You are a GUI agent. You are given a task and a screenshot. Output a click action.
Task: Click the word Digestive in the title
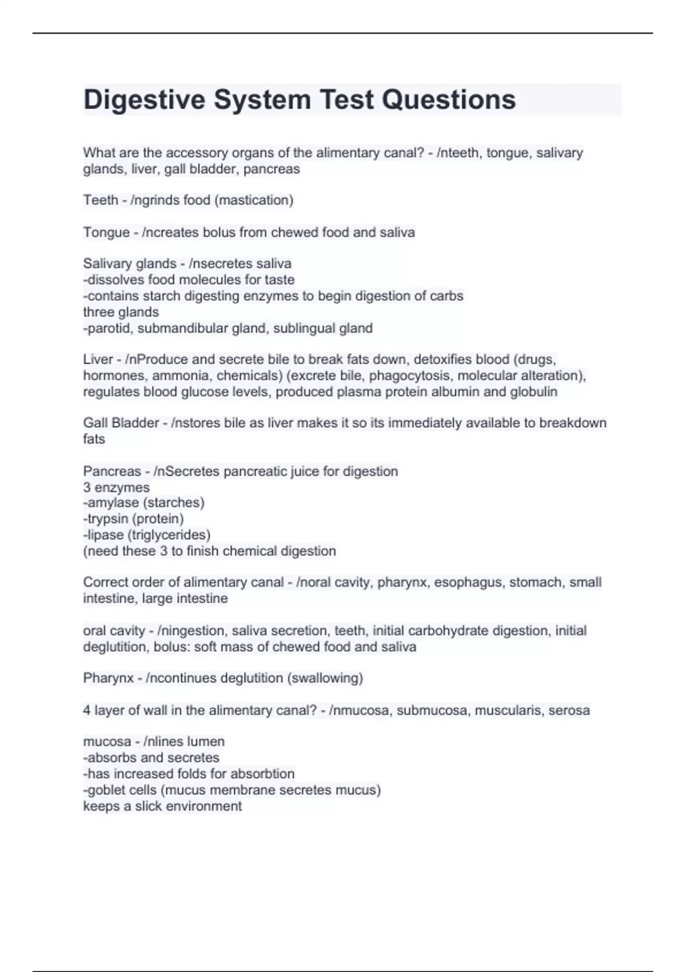144,99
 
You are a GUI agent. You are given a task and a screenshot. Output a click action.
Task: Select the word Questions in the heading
449,99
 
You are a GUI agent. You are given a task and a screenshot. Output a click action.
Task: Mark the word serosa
569,710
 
